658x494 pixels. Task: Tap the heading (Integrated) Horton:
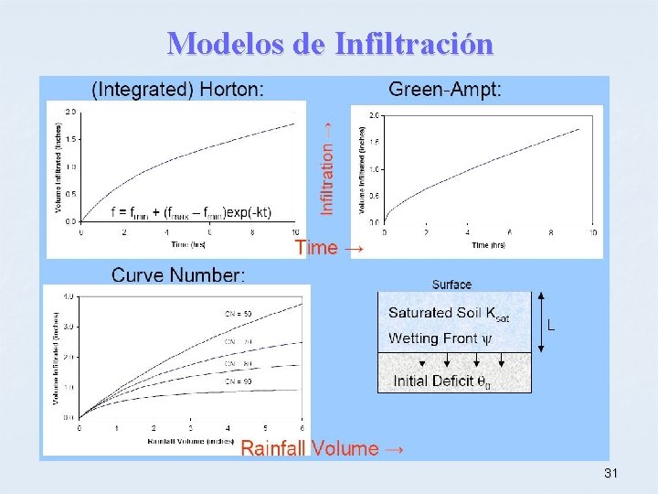point(178,89)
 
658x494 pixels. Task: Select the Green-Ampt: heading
point(445,89)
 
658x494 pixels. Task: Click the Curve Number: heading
point(178,274)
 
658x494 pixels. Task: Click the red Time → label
point(329,248)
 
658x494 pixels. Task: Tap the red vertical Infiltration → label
point(327,164)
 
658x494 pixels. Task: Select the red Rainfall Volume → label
point(322,448)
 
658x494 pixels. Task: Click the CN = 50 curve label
point(239,314)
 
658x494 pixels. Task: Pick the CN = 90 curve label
point(239,381)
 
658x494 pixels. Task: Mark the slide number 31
point(611,474)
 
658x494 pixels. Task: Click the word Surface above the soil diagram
point(452,285)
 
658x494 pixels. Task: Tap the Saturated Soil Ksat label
point(449,313)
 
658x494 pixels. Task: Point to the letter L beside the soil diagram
point(551,324)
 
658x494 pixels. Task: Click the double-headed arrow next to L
point(541,322)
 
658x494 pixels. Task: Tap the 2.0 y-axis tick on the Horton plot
point(70,112)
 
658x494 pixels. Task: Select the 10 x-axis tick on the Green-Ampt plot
point(593,233)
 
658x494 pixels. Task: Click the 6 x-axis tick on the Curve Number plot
point(302,428)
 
